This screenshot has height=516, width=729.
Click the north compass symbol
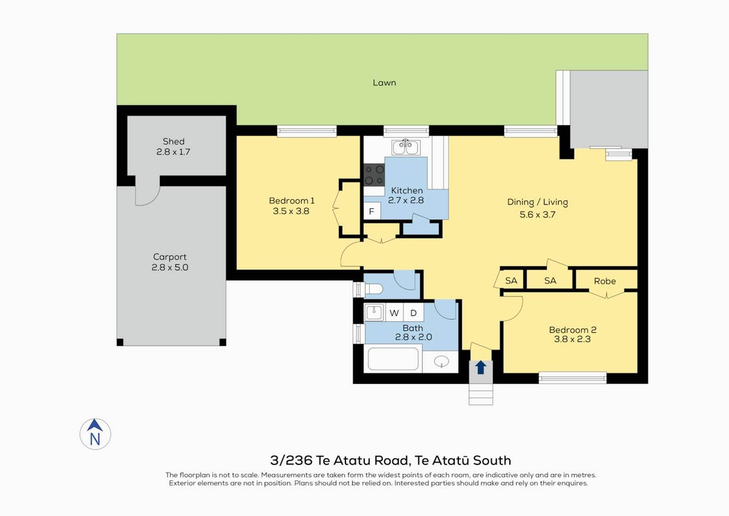[x=95, y=433]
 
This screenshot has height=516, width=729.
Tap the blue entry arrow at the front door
[x=481, y=368]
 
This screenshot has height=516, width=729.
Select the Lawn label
[x=385, y=83]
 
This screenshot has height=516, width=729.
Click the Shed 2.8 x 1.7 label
[x=173, y=146]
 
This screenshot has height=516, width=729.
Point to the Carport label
[x=170, y=257]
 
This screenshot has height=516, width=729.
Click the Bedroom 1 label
[x=291, y=201]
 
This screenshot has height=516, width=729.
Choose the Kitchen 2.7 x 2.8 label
[x=406, y=195]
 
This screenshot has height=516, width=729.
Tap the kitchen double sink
[x=406, y=147]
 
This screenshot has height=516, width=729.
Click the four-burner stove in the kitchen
[x=374, y=175]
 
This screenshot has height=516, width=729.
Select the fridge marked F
[x=372, y=212]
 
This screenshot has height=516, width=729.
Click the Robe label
[x=605, y=281]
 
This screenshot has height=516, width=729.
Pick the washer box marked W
[x=394, y=313]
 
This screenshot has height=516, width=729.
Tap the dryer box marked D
[x=413, y=313]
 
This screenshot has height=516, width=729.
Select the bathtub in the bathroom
[x=393, y=359]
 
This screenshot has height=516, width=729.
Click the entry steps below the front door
[x=481, y=394]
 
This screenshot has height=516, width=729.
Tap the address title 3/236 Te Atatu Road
[x=340, y=461]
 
